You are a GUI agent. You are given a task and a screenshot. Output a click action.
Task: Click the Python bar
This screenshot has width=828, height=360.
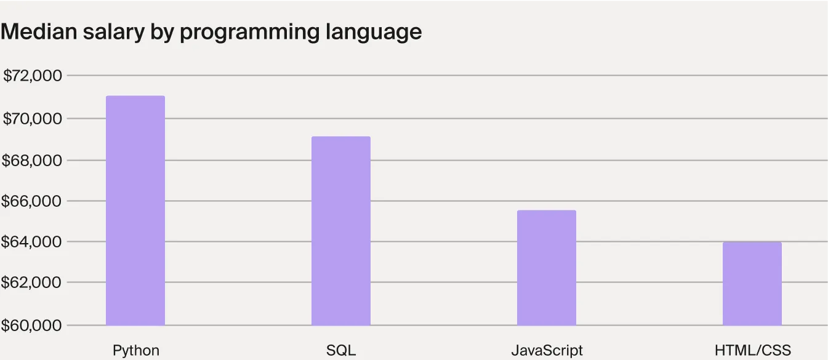tap(135, 210)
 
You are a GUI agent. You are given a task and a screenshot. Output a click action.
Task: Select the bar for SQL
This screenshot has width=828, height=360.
tap(341, 231)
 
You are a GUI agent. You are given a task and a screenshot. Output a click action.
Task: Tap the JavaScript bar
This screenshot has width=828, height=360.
tap(547, 268)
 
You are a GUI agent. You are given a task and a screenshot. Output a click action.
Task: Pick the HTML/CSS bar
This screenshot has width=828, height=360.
tap(752, 284)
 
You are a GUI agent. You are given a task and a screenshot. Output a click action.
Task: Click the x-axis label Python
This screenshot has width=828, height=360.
tap(135, 351)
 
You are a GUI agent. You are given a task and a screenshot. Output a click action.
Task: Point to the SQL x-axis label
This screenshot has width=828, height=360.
tap(341, 351)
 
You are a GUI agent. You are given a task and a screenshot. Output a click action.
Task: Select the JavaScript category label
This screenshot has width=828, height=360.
tap(547, 351)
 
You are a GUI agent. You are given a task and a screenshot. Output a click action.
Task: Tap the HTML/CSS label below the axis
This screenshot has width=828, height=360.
tap(752, 351)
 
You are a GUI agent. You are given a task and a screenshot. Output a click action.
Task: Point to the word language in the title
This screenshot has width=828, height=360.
tap(374, 32)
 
